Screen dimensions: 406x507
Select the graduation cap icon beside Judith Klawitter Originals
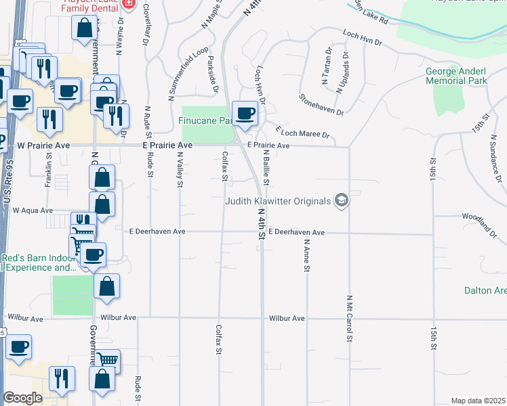342,200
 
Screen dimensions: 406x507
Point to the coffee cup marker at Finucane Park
244,113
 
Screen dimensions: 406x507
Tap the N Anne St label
306,256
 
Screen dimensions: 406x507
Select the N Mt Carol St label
350,318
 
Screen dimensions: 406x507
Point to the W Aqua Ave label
33,210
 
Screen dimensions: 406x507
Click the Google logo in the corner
22,398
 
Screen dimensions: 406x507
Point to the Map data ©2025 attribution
478,401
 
